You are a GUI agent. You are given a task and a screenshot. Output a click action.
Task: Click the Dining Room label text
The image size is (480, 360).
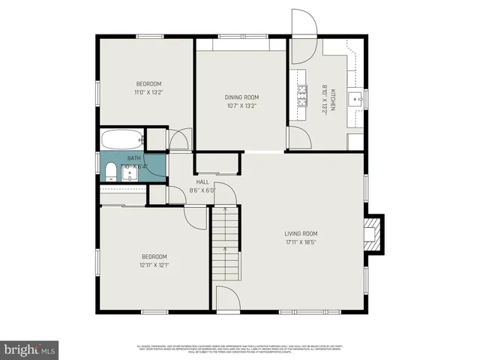241,97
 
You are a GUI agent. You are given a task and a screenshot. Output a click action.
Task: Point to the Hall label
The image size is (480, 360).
202,181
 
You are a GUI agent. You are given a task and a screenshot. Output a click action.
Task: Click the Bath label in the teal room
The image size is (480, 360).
133,158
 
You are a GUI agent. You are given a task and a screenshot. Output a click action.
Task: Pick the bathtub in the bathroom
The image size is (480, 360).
122,139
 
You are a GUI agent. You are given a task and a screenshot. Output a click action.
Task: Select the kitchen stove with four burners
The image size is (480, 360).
303,95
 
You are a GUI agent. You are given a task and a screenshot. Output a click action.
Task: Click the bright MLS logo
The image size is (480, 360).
30,349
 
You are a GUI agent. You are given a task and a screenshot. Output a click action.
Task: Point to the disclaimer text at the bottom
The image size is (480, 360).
240,349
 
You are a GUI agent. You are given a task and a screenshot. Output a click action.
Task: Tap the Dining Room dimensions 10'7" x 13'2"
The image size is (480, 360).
241,106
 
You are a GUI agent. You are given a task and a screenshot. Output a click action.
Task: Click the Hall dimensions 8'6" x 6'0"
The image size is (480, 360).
202,190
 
